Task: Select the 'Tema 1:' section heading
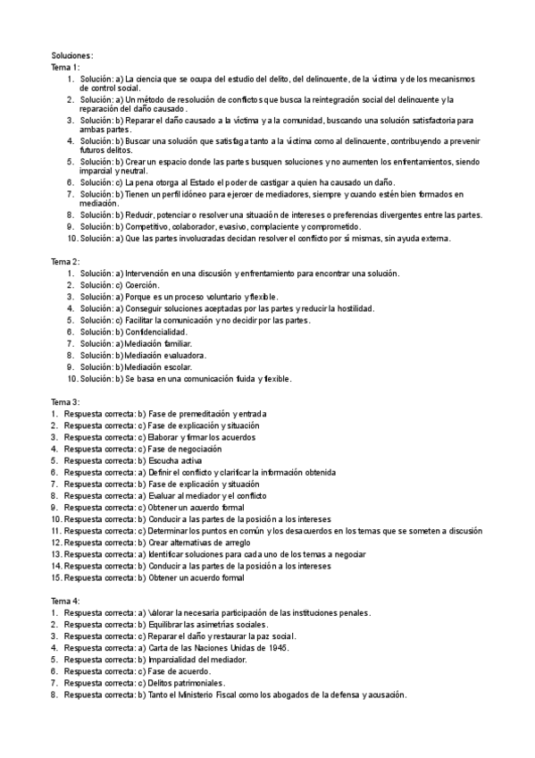[x=65, y=67]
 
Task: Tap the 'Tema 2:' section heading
[x=65, y=261]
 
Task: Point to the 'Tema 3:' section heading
[x=65, y=402]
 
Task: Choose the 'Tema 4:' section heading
[x=65, y=601]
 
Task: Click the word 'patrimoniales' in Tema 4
[x=196, y=682]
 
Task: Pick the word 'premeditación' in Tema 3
[x=202, y=414]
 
